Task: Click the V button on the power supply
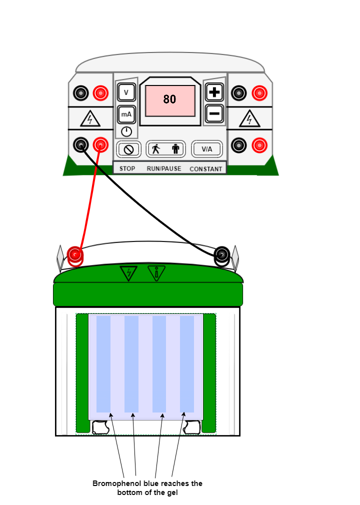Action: click(x=126, y=92)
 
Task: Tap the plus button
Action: click(x=214, y=92)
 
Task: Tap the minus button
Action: click(x=214, y=113)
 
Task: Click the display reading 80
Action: click(x=170, y=100)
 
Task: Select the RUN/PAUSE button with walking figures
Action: click(x=165, y=149)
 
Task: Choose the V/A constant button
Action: click(x=206, y=149)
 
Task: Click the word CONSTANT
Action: click(x=205, y=169)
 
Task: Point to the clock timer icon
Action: click(x=126, y=131)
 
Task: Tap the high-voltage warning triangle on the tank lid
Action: click(x=128, y=273)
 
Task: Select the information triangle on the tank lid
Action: click(x=156, y=273)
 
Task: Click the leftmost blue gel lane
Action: click(x=103, y=364)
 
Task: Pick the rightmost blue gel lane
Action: click(x=187, y=364)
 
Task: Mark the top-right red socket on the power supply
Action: click(x=259, y=93)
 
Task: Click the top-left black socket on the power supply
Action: click(x=81, y=93)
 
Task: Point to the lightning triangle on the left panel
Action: click(x=90, y=119)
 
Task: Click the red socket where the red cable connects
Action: click(x=100, y=145)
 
